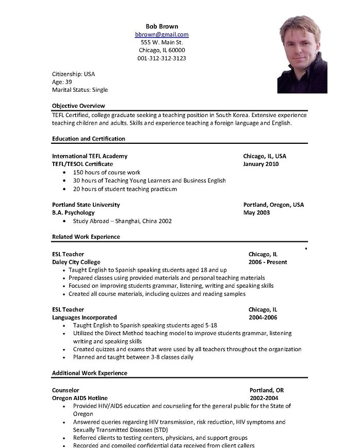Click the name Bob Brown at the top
(161, 26)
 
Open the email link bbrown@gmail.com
(161, 35)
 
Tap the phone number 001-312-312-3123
(161, 58)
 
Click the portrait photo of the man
(302, 54)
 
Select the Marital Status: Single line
(80, 90)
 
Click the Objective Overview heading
(78, 106)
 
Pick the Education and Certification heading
(89, 139)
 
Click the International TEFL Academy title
(90, 156)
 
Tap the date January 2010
(261, 164)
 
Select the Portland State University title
(86, 205)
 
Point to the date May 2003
(256, 213)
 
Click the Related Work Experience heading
(86, 237)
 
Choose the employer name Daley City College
(76, 262)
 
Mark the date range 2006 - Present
(268, 262)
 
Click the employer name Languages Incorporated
(85, 318)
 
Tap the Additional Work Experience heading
(90, 373)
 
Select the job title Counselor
(66, 390)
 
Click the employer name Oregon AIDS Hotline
(80, 399)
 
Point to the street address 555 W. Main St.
(161, 42)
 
